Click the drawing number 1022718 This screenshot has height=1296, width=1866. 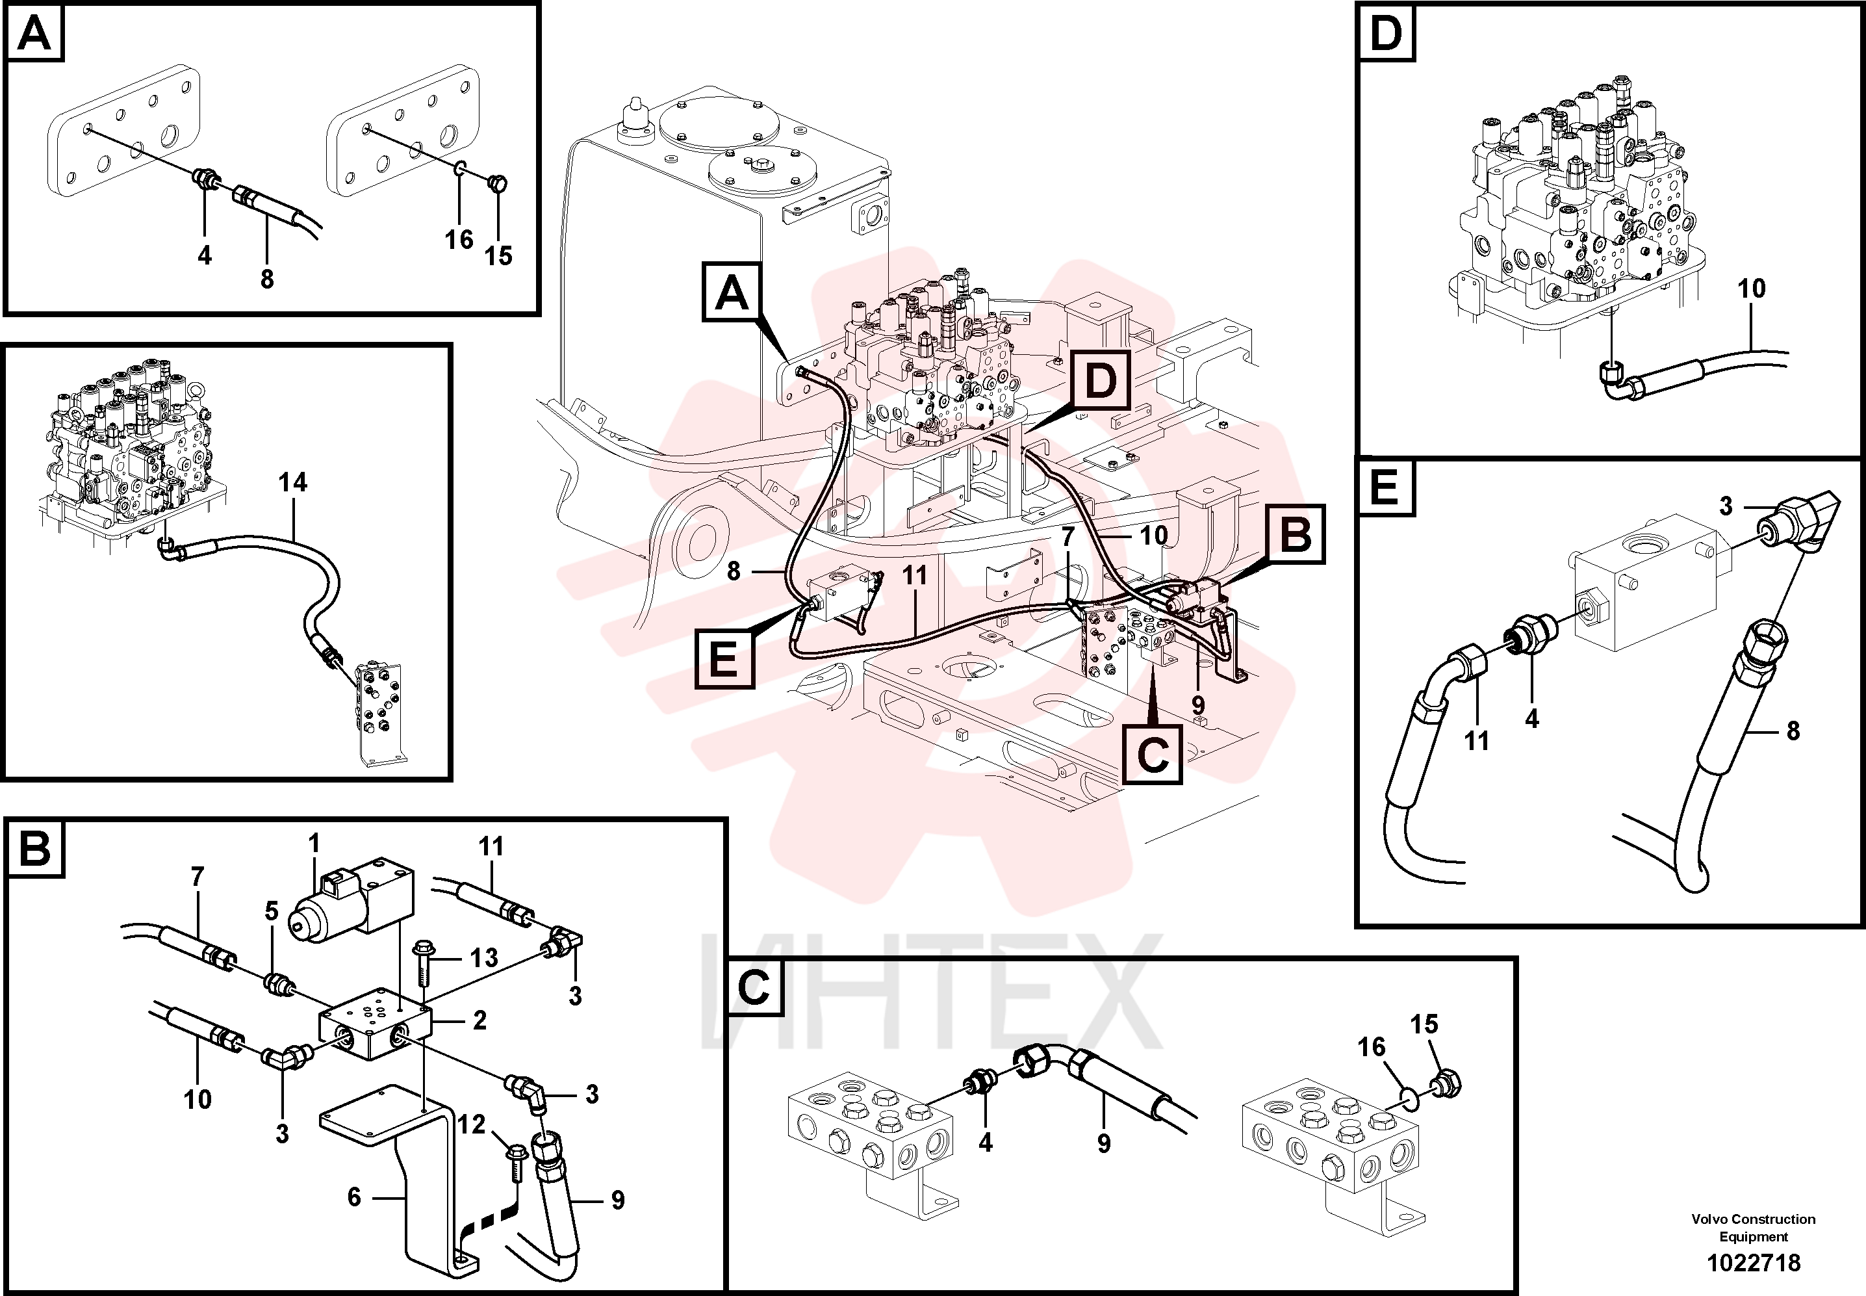(1753, 1263)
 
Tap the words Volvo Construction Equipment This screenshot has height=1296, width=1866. (1753, 1227)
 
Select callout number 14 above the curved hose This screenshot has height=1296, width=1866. (292, 482)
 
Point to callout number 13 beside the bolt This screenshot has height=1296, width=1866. (484, 957)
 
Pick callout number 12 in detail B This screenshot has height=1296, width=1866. (471, 1124)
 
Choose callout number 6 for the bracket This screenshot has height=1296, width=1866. (354, 1197)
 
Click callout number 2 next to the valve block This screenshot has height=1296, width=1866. (479, 1020)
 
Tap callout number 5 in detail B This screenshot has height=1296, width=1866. (271, 911)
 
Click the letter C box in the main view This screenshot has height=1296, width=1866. (1153, 755)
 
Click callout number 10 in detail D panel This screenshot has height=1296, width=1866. (1752, 289)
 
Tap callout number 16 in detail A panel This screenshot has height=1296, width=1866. (459, 240)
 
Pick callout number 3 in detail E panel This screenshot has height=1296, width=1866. (1726, 506)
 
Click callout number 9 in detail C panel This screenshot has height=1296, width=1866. (1104, 1143)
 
